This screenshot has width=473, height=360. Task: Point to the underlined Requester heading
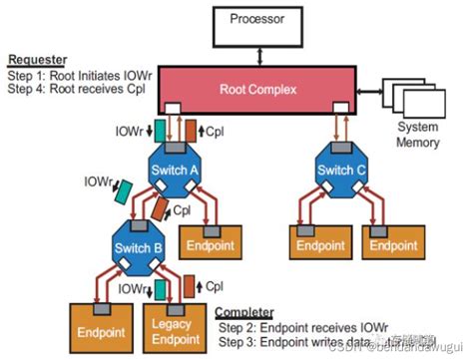click(x=38, y=60)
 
